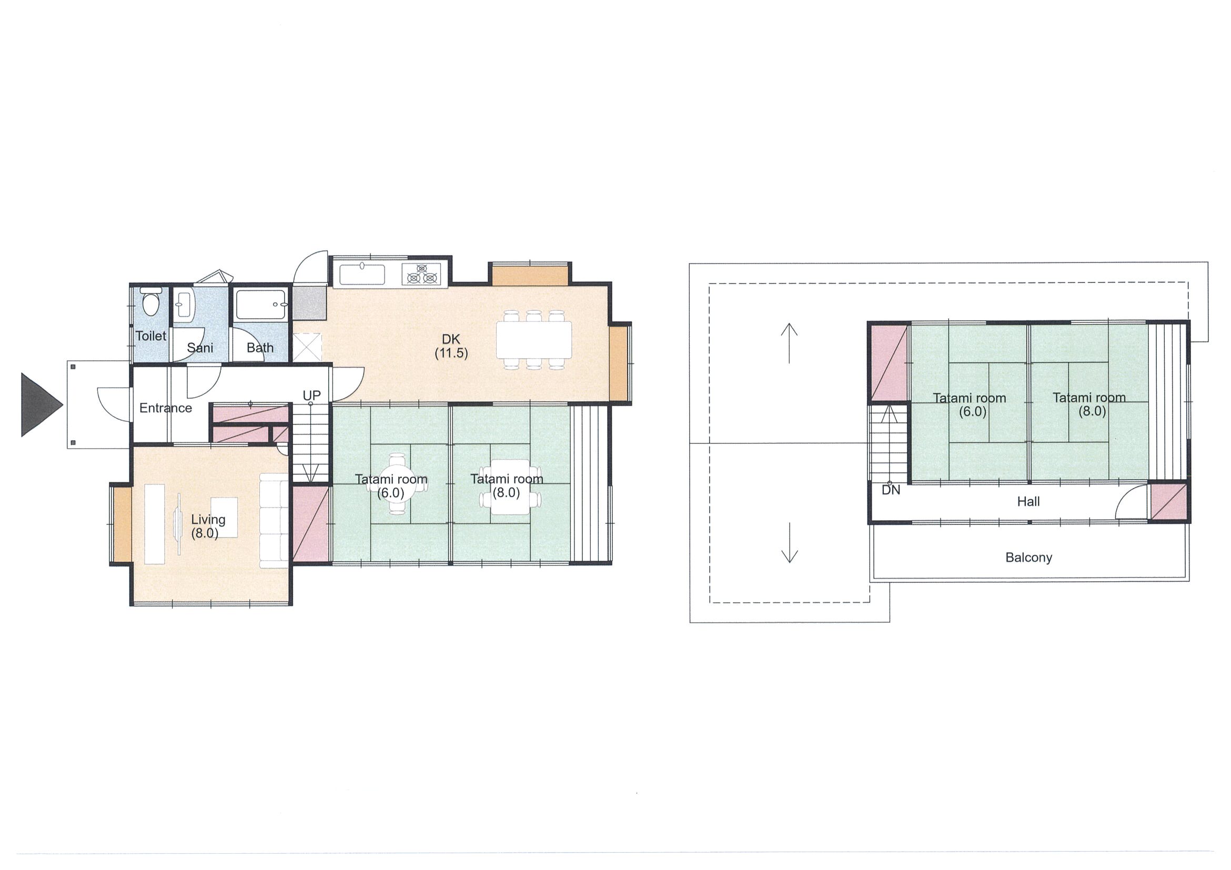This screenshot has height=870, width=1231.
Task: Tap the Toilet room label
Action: coord(150,336)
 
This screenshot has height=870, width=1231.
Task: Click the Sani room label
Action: coord(200,348)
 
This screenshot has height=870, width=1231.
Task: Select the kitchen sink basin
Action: coord(362,275)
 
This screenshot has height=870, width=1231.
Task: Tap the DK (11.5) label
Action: coord(451,346)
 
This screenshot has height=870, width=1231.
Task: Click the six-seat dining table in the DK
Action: coord(534,339)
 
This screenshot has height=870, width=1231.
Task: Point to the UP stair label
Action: coord(311,396)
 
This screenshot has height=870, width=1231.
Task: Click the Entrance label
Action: coord(166,408)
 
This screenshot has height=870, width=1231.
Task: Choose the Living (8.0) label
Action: coord(207,526)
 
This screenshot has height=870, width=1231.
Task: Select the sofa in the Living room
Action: coord(275,520)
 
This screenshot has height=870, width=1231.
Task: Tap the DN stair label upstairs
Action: coord(891,490)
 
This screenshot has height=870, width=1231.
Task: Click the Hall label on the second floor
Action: coord(1028,502)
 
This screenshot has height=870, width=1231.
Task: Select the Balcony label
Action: coord(1028,558)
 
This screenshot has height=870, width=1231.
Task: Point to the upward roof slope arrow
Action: coord(789,343)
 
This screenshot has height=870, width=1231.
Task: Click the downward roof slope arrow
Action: coord(789,542)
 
